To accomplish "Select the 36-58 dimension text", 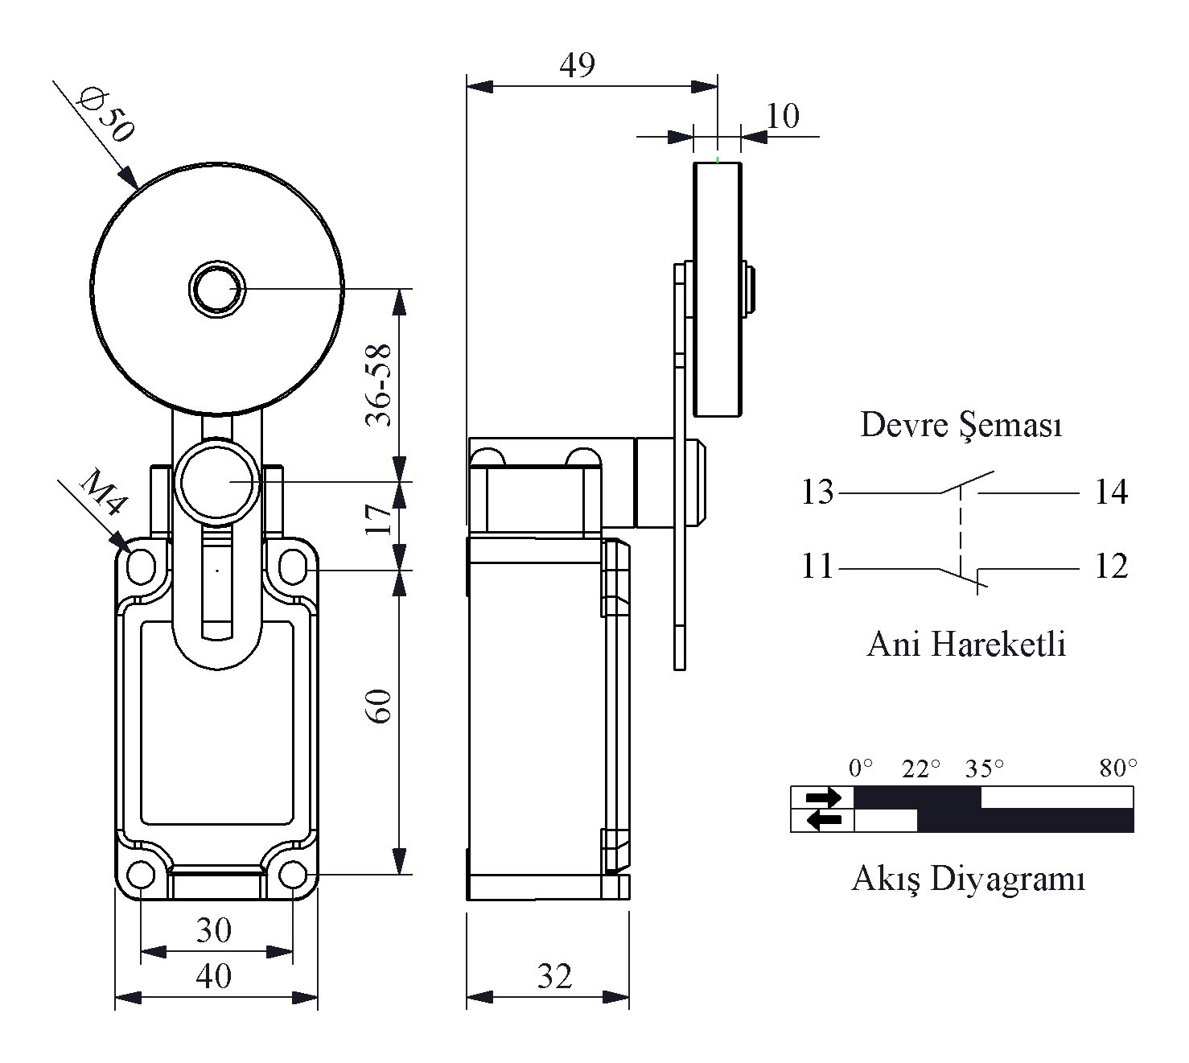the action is [378, 385].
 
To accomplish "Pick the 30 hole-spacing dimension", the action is [214, 929].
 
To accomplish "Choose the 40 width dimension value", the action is [214, 976].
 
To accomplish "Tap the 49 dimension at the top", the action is [577, 64].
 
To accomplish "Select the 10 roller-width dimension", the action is [783, 116].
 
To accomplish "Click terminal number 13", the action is [817, 492].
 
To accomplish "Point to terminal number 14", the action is [1112, 492].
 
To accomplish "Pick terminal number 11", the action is [817, 567].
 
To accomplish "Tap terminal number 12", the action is [1112, 567].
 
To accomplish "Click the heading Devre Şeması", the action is [961, 426].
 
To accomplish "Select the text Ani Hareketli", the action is [966, 644].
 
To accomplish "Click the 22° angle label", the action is [921, 768].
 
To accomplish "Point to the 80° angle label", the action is [1118, 768].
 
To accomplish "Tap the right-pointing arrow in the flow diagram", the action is [824, 797].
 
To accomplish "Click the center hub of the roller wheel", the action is [217, 290].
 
